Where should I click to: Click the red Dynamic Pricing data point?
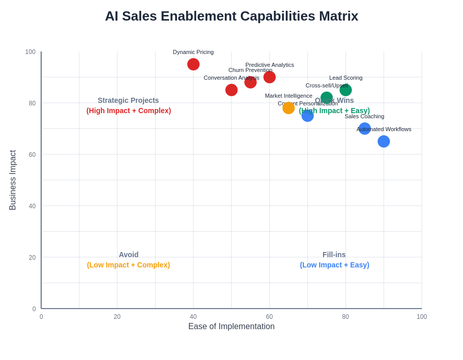click(193, 64)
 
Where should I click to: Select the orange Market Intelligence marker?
click(289, 108)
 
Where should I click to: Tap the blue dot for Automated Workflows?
click(384, 141)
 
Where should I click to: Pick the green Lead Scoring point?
click(346, 90)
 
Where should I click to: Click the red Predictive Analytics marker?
click(270, 77)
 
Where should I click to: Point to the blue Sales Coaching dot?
click(365, 129)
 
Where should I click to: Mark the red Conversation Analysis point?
click(232, 90)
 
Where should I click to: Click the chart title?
click(232, 16)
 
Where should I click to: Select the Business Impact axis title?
click(13, 180)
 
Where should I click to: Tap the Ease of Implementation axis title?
click(232, 327)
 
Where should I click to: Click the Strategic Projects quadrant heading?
click(128, 100)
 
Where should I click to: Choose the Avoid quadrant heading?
click(129, 255)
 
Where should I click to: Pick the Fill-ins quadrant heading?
click(334, 255)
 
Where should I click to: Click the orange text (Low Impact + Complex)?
click(129, 265)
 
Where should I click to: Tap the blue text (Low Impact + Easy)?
click(334, 265)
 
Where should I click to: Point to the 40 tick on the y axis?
click(32, 206)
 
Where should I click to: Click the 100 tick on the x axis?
click(422, 317)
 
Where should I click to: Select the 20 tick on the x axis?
click(117, 317)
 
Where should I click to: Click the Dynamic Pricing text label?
click(193, 52)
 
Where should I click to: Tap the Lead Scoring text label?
click(346, 78)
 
